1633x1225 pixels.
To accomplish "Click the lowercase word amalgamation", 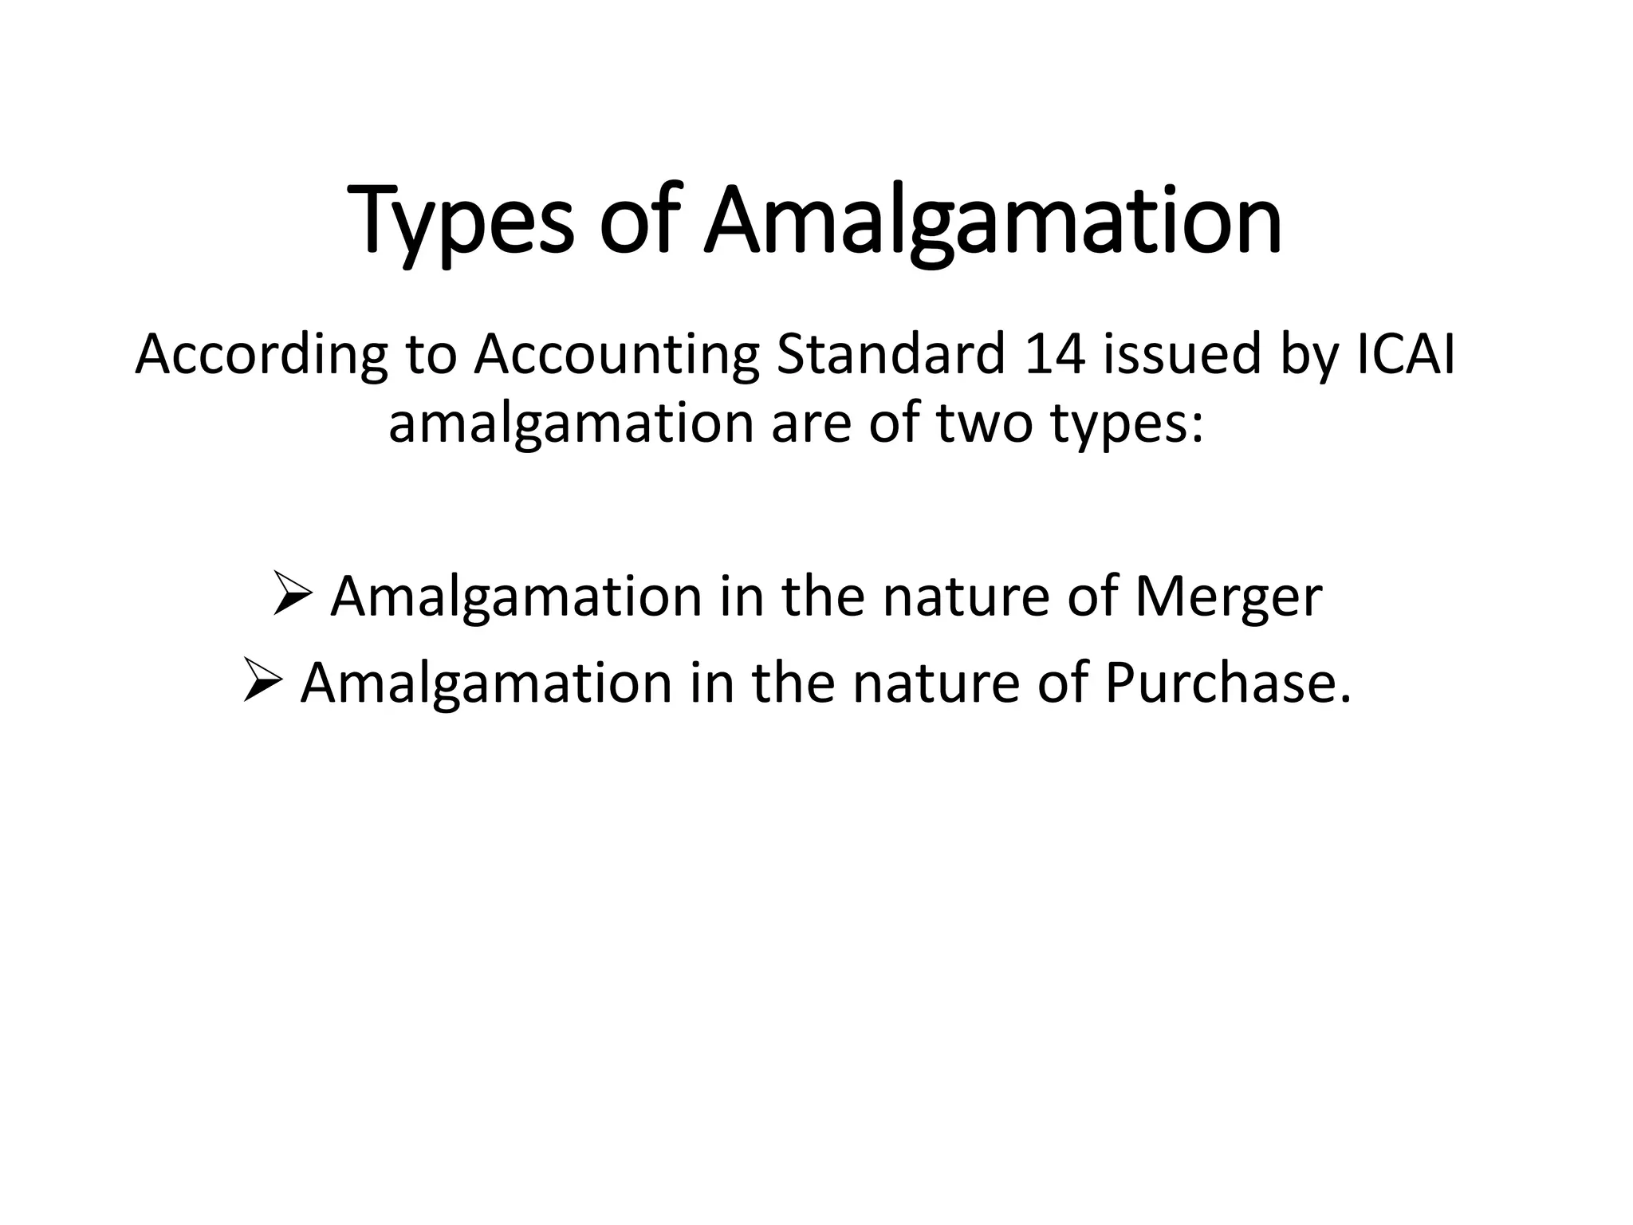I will [x=570, y=424].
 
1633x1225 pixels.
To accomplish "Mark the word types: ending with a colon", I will [x=1127, y=424].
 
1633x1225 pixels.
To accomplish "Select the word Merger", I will [x=1229, y=597].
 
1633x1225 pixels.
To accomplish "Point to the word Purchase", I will [x=1228, y=683].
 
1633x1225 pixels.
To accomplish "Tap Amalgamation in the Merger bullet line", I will [x=515, y=597].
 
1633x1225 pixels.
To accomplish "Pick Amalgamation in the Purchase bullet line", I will [x=486, y=683].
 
